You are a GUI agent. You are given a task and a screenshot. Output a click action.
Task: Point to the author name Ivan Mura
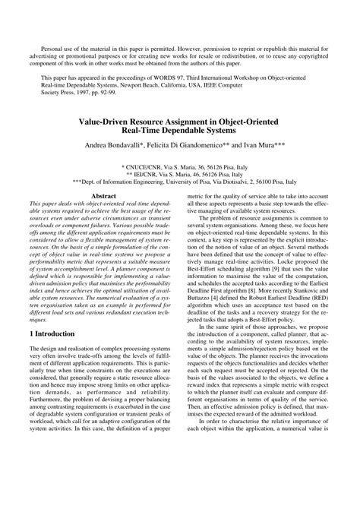tap(270, 144)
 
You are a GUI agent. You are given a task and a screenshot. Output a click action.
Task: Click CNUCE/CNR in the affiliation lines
tap(144, 165)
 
